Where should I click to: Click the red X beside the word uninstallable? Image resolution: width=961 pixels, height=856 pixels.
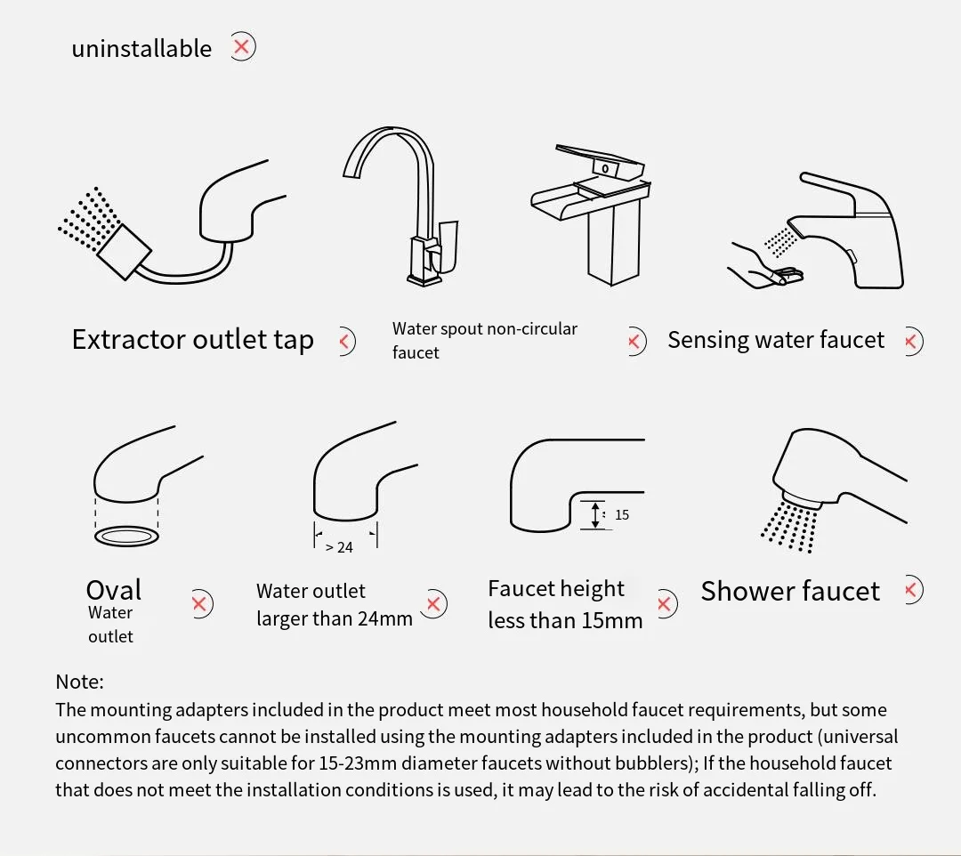[x=242, y=46]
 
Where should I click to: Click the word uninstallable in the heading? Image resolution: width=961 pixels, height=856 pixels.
[x=141, y=48]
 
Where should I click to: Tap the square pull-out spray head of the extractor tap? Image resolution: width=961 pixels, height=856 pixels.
[x=125, y=252]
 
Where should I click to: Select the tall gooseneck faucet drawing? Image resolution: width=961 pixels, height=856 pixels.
[x=400, y=206]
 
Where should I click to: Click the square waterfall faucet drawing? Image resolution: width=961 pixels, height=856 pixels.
[x=591, y=214]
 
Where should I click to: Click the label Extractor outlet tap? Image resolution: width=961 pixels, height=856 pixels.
[x=193, y=339]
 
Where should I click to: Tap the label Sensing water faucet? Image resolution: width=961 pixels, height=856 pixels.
[x=776, y=339]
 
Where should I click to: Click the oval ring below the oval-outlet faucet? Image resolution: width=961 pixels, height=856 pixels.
[x=127, y=537]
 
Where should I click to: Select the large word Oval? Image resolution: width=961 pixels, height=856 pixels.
[x=114, y=590]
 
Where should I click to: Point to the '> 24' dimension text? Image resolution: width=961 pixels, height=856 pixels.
[x=339, y=547]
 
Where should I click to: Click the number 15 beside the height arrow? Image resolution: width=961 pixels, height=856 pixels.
[x=621, y=514]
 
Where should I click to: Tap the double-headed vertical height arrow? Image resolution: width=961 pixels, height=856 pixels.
[x=595, y=514]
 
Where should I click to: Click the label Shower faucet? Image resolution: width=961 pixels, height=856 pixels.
[x=790, y=592]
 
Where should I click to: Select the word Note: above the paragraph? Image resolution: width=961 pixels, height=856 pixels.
[x=80, y=682]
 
